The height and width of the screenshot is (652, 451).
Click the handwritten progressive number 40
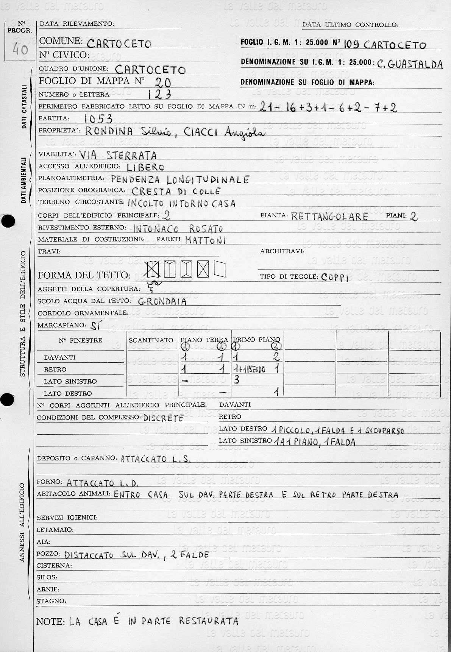tap(20, 49)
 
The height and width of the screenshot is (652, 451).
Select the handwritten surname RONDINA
tap(109, 132)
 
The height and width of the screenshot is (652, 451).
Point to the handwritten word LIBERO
tap(145, 167)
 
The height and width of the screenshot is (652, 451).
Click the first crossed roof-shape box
tap(153, 270)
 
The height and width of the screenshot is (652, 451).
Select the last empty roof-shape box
tap(220, 270)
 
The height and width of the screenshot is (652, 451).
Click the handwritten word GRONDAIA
tap(162, 302)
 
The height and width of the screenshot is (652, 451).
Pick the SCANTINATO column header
tap(151, 340)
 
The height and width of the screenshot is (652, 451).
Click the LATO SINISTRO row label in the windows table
tap(70, 381)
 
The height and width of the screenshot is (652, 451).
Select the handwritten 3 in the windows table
tap(237, 380)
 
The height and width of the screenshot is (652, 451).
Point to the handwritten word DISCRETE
tap(164, 418)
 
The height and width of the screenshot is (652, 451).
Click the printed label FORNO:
tap(50, 482)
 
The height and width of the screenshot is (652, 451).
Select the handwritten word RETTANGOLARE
tap(330, 217)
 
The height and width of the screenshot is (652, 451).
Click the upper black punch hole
tap(8, 221)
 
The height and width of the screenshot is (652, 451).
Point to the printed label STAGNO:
tap(51, 601)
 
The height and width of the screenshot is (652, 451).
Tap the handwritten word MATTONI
tap(206, 240)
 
